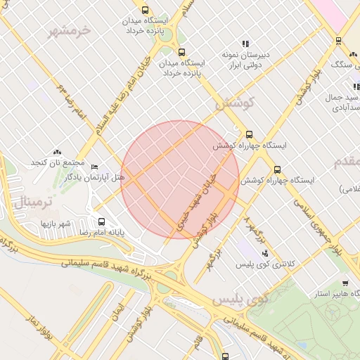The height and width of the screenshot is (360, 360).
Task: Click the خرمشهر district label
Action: pos(70,31)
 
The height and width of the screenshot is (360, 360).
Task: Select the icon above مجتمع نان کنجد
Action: pos(57,152)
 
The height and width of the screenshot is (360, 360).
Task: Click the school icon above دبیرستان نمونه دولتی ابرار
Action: pos(245,44)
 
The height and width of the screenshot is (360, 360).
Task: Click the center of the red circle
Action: pos(180,180)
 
